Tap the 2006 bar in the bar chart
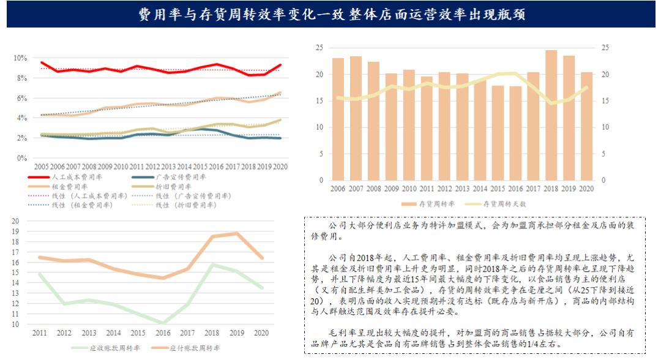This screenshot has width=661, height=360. click(x=338, y=119)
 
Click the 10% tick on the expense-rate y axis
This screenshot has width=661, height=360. click(x=20, y=58)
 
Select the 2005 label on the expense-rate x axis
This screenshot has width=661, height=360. click(x=41, y=167)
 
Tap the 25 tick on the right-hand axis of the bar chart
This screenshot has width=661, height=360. click(x=606, y=48)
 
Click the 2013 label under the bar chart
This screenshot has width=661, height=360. click(x=463, y=189)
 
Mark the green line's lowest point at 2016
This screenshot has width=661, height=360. click(x=163, y=323)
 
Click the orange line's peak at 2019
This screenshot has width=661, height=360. click(x=237, y=233)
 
